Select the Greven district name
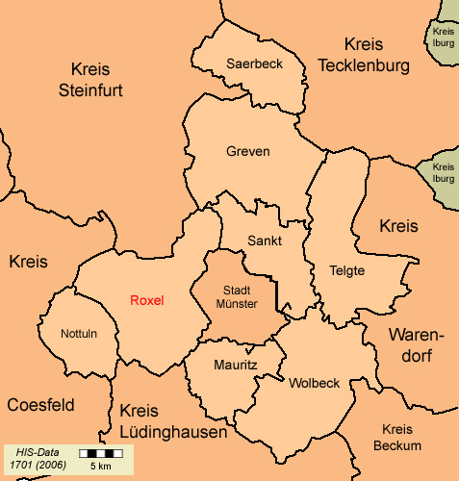248,152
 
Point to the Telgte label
346,270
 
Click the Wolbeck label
314,383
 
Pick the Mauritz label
235,366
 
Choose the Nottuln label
79,334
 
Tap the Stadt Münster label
240,296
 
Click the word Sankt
264,240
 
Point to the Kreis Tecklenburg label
364,55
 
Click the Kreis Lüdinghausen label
173,422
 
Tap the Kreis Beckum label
397,438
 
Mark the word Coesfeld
40,405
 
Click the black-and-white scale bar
100,452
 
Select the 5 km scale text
100,466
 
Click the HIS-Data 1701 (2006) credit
35,458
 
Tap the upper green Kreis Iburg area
444,37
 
